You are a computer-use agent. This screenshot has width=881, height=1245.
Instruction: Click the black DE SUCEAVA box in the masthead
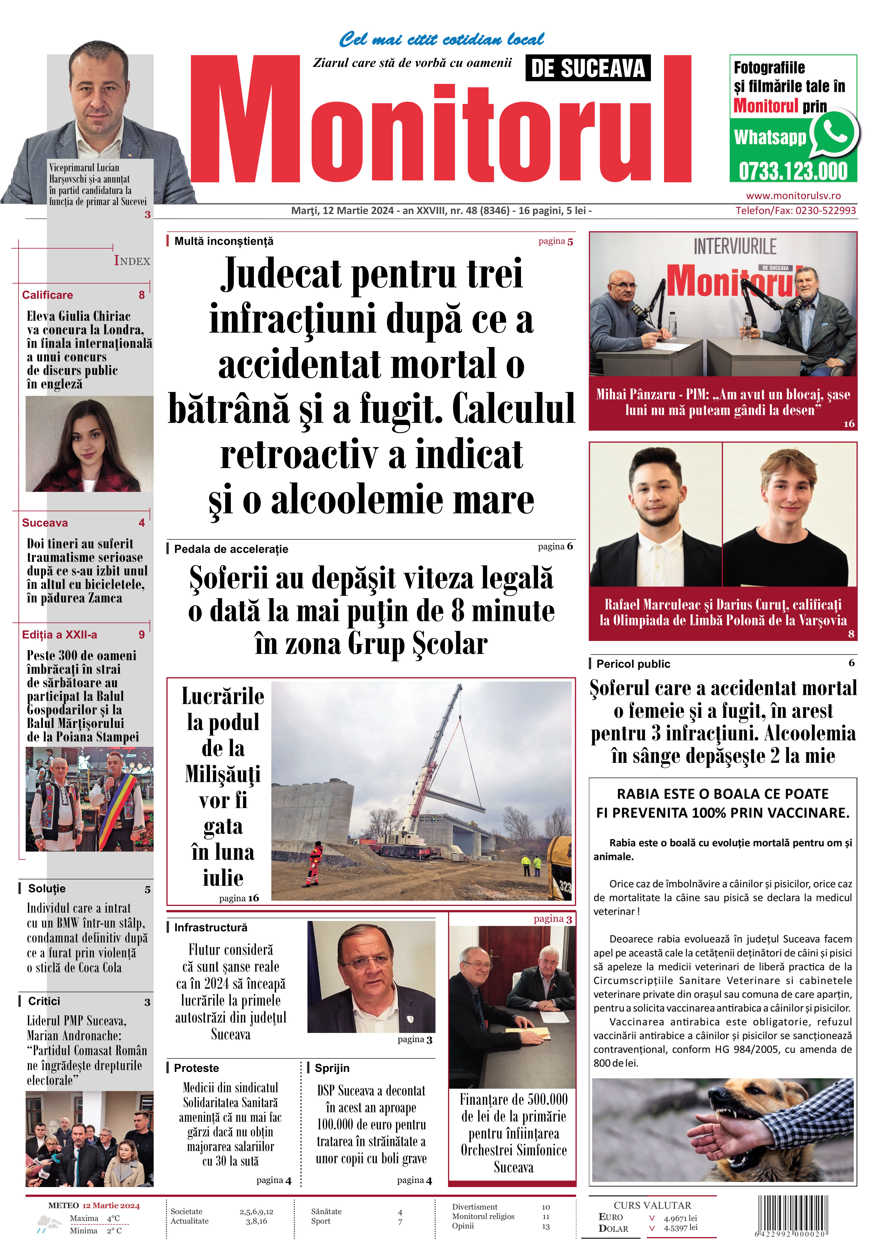coord(588,68)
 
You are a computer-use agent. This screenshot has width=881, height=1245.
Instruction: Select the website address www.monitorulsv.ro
coord(793,196)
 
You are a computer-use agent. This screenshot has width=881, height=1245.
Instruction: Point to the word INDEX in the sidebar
coord(132,261)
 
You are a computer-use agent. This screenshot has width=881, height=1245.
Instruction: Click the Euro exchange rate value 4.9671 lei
coord(680,1218)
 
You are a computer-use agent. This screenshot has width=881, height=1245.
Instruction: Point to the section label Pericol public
coord(633,664)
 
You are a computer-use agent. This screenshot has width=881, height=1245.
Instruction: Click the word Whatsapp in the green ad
coord(770,137)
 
